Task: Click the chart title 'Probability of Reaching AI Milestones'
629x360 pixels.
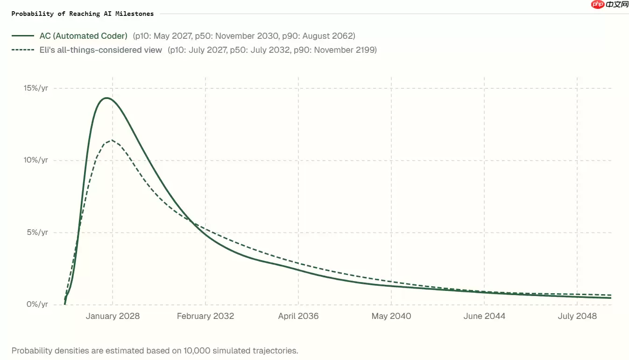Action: [83, 14]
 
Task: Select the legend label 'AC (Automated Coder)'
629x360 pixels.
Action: [83, 36]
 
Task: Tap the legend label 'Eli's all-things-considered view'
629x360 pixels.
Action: [100, 50]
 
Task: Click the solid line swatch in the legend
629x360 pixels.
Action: [23, 36]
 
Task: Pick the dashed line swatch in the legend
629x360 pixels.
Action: [23, 50]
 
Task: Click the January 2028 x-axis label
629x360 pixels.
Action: [113, 316]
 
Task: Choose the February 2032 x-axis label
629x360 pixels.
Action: [205, 316]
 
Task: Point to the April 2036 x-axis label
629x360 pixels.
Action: [298, 316]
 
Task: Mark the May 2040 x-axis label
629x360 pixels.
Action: [391, 316]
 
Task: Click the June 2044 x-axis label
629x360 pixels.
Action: [484, 316]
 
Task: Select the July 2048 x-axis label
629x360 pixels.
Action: [577, 316]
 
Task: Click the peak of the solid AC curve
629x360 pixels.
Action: [106, 98]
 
